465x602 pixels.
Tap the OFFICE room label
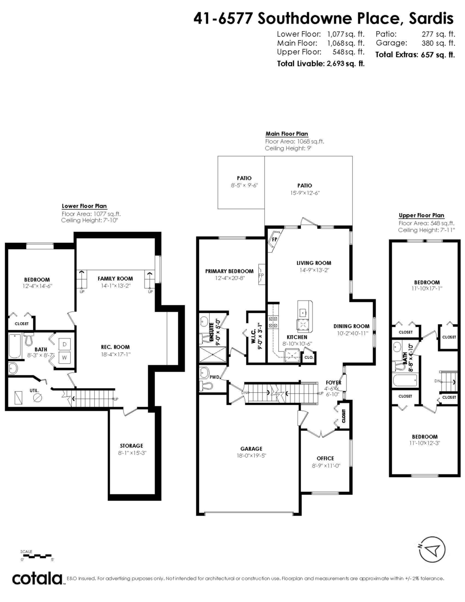[x=325, y=458]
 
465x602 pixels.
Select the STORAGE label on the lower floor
[x=131, y=445]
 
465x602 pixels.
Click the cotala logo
[x=37, y=578]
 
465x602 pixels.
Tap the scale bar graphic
[x=36, y=555]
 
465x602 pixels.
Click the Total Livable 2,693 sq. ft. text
[x=321, y=64]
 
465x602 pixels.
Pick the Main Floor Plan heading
[x=286, y=134]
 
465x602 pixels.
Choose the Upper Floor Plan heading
[x=421, y=215]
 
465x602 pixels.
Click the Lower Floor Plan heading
[x=84, y=206]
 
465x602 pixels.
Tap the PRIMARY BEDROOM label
[x=229, y=271]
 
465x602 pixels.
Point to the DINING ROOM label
[x=351, y=326]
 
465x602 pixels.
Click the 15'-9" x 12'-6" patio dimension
[x=304, y=193]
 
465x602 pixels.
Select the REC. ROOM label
[x=115, y=347]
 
